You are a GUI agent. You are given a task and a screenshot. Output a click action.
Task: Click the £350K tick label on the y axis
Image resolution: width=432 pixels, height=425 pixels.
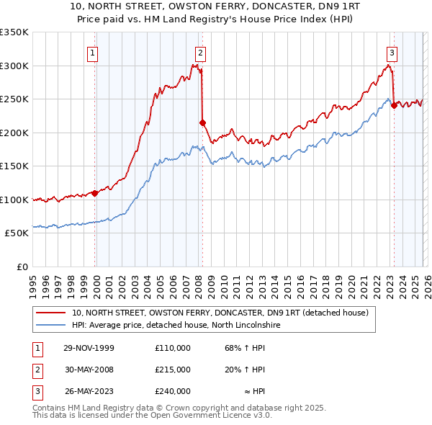(x=14, y=32)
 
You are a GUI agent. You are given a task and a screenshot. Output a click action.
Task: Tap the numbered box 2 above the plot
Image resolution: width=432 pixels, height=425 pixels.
(x=199, y=52)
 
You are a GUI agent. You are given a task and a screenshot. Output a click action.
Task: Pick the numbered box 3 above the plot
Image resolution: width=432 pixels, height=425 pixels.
(x=392, y=52)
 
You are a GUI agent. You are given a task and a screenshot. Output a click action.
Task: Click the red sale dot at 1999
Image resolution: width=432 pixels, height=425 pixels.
(x=95, y=193)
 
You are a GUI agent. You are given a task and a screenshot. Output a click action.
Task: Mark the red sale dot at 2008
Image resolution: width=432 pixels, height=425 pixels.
(x=202, y=122)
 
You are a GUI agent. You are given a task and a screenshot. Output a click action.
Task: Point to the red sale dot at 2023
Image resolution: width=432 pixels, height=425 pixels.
(x=394, y=106)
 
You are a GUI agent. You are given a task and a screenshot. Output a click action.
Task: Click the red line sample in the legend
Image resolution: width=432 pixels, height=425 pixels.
(x=52, y=313)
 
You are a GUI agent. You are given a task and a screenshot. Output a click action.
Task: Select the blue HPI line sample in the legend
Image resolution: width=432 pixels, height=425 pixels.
(x=52, y=325)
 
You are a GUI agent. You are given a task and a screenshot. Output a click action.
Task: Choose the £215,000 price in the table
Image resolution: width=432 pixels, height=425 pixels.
(x=172, y=370)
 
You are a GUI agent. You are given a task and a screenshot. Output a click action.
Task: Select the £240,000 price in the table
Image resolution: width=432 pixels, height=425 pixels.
(x=172, y=391)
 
